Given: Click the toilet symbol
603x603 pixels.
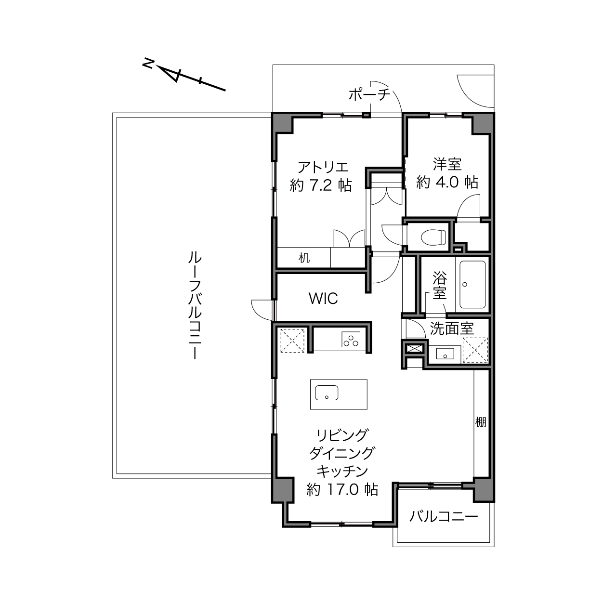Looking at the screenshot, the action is [433, 238].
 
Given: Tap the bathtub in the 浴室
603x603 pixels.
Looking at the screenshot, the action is [472, 285].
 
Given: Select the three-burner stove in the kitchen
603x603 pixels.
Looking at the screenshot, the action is [351, 339].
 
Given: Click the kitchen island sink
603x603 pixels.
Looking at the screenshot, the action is [327, 393].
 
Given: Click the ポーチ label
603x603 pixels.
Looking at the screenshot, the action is [369, 94].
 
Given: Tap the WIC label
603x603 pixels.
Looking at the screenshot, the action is [323, 299].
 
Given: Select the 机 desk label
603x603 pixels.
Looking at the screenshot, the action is [304, 258].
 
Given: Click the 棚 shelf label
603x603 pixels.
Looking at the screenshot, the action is [481, 422].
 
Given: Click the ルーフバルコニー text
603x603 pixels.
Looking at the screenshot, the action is [195, 306].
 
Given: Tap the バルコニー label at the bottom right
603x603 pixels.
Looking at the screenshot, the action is [444, 516].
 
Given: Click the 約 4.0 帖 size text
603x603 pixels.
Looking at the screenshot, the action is [447, 182].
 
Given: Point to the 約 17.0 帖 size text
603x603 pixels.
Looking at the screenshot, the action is [342, 489].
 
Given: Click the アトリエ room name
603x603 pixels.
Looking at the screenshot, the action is [323, 167].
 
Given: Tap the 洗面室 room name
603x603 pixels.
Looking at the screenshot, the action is [452, 328].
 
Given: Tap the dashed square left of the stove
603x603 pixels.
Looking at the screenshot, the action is [292, 341].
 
